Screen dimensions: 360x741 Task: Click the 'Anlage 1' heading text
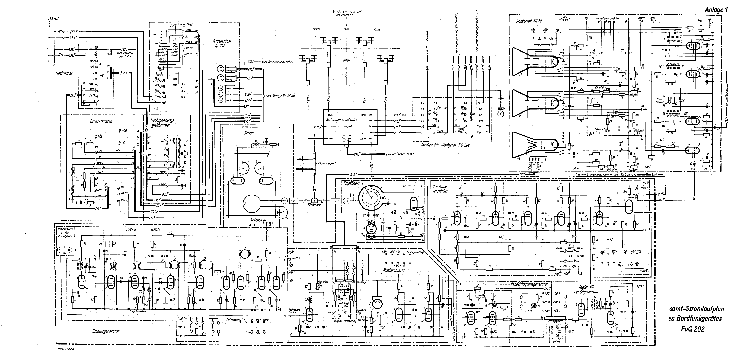(716, 10)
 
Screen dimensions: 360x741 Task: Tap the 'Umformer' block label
(64, 73)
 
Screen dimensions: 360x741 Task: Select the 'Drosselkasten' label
(101, 121)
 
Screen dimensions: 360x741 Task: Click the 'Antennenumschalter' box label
(341, 120)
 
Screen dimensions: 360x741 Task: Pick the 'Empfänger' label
(352, 183)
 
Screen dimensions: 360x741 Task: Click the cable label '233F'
(74, 32)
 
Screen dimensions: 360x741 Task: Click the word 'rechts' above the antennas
(316, 29)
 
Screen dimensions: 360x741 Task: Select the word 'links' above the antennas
(377, 29)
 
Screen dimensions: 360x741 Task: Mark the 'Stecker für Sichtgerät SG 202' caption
(445, 145)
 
